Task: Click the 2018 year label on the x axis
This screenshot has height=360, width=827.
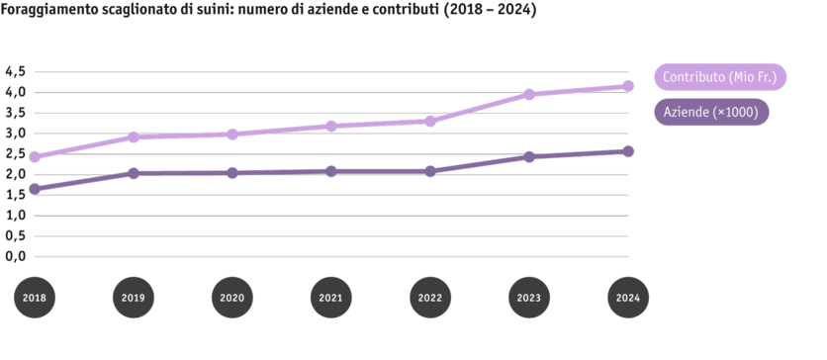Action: click(34, 297)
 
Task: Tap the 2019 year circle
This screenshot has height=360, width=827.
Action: click(133, 297)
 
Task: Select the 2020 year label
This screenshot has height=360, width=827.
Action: click(232, 297)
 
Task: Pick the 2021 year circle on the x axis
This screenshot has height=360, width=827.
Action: click(331, 297)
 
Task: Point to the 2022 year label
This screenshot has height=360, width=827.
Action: click(430, 297)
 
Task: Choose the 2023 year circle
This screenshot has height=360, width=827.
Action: click(529, 297)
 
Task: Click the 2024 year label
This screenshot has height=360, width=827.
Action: click(628, 297)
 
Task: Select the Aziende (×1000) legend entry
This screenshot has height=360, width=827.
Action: click(711, 113)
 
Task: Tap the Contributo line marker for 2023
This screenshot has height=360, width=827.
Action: click(529, 95)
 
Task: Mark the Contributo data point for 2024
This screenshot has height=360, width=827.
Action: click(628, 86)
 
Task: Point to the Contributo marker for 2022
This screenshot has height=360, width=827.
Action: click(430, 121)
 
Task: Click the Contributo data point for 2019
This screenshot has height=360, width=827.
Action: click(133, 137)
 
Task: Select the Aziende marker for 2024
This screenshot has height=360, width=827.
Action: click(628, 150)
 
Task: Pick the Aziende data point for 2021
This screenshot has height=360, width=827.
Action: click(331, 171)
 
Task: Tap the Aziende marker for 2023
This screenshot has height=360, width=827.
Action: click(529, 156)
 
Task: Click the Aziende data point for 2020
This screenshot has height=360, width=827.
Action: click(232, 173)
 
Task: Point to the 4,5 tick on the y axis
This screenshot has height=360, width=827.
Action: click(14, 71)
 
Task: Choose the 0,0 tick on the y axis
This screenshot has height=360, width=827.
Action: click(14, 257)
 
